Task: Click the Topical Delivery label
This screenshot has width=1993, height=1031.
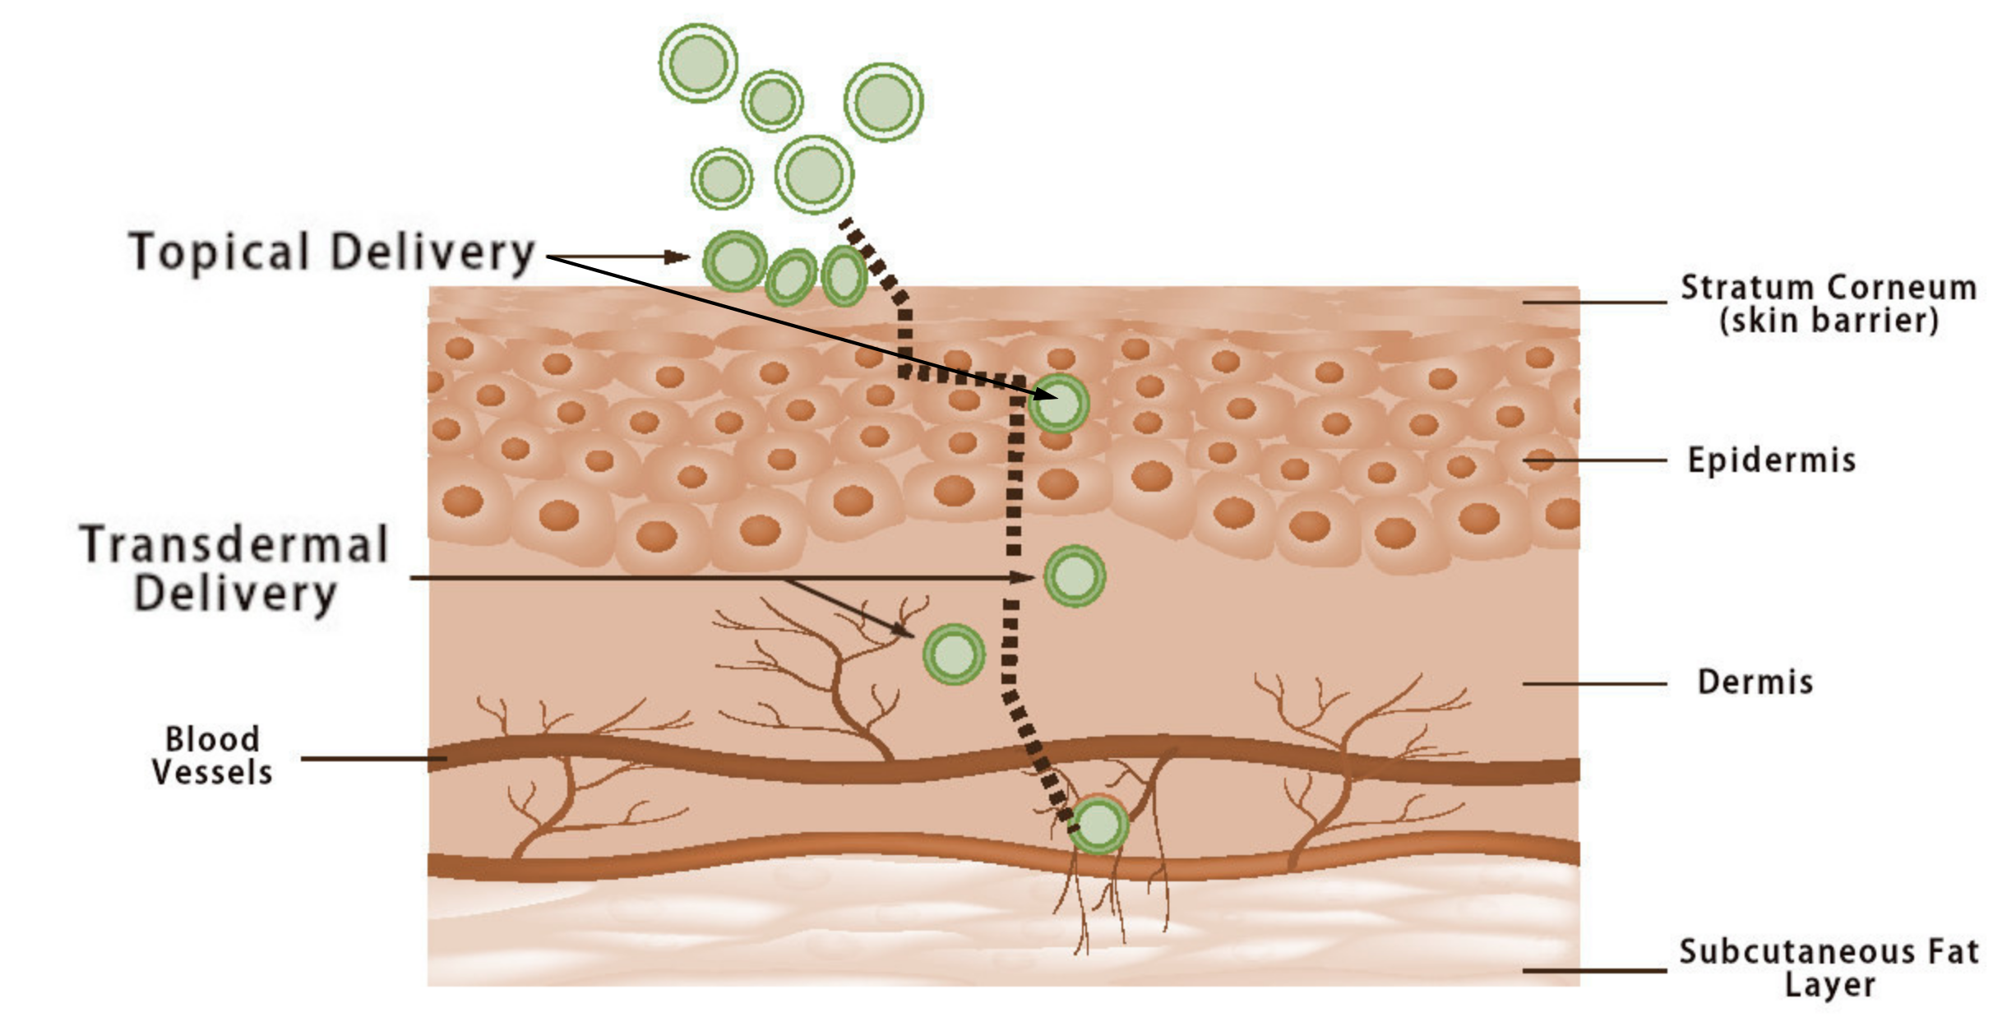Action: [x=332, y=252]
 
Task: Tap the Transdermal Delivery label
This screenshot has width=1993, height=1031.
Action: [x=234, y=568]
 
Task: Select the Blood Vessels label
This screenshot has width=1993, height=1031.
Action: [x=212, y=756]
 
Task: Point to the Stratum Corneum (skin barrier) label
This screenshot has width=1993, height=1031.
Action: [x=1829, y=303]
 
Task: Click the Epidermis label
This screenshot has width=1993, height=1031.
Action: [x=1772, y=460]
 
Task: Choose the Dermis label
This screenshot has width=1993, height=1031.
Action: [x=1755, y=682]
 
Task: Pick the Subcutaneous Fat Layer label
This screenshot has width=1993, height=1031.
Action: [x=1829, y=968]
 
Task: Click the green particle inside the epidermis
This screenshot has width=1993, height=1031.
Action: [x=1059, y=404]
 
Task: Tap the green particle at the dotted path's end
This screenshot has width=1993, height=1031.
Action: [x=1098, y=825]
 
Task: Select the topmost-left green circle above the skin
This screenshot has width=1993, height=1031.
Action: [x=698, y=63]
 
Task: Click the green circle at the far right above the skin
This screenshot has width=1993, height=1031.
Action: [x=883, y=102]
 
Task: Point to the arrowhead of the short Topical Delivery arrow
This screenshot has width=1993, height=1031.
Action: [x=679, y=257]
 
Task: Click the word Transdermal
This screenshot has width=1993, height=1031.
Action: [x=234, y=544]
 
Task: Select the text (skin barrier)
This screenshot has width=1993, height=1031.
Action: [x=1829, y=321]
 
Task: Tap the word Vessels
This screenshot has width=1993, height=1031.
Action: [x=212, y=773]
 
